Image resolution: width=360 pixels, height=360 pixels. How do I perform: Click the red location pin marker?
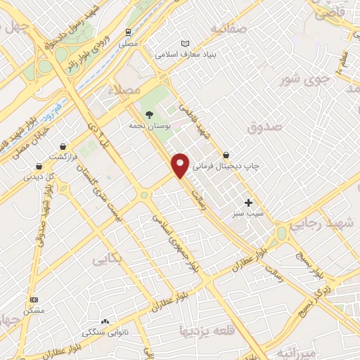[x=181, y=164]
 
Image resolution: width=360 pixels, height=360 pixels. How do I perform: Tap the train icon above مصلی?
[x=128, y=32]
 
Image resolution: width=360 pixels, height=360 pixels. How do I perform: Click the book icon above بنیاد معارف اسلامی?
[x=186, y=44]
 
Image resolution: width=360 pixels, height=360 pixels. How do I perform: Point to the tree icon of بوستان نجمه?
[x=148, y=114]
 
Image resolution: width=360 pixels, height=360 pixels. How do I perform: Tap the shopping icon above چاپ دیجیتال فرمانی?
[x=226, y=155]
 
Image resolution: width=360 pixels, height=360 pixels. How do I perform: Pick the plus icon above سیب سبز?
[x=248, y=202]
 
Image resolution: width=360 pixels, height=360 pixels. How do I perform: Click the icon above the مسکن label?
[x=34, y=300]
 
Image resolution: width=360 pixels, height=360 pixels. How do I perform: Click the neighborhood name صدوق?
[x=264, y=127]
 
